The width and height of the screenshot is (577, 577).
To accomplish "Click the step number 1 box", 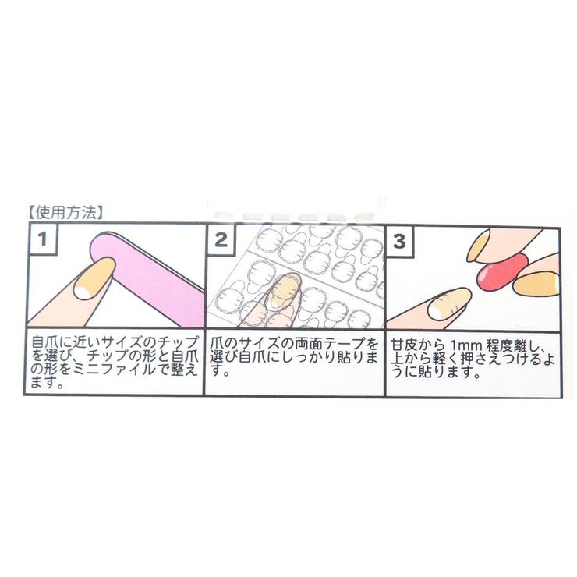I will [43, 241].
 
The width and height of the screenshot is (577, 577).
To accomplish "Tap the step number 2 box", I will [221, 241].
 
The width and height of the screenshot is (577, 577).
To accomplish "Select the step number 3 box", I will [400, 241].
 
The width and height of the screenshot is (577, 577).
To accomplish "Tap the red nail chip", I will [498, 272].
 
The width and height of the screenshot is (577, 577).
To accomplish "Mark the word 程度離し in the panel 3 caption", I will [507, 344].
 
